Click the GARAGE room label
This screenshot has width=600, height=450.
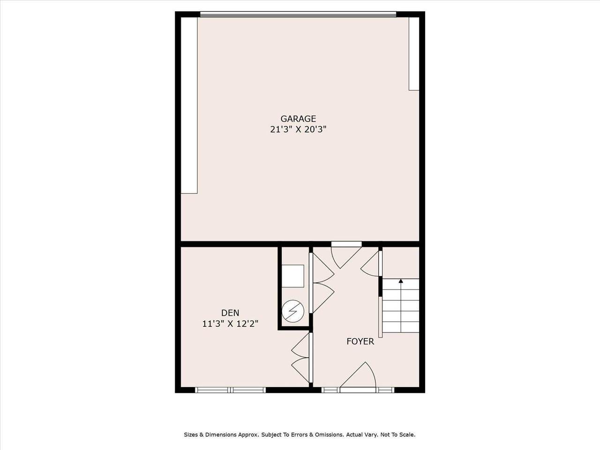click(x=298, y=119)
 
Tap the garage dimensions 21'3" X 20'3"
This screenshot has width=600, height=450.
click(x=298, y=129)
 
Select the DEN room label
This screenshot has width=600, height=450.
click(x=230, y=313)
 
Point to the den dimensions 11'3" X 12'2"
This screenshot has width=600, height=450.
click(x=230, y=324)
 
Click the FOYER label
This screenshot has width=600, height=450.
click(x=360, y=342)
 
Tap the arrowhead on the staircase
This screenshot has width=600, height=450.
click(x=401, y=281)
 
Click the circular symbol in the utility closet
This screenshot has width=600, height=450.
click(x=293, y=311)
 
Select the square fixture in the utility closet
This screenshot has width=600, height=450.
click(x=293, y=276)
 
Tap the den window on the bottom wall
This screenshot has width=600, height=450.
click(x=230, y=390)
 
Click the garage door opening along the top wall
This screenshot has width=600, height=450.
click(x=298, y=15)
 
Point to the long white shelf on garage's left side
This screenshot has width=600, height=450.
click(x=189, y=105)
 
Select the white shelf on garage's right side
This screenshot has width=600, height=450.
click(x=414, y=53)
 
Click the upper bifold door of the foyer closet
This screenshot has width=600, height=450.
click(x=322, y=268)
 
